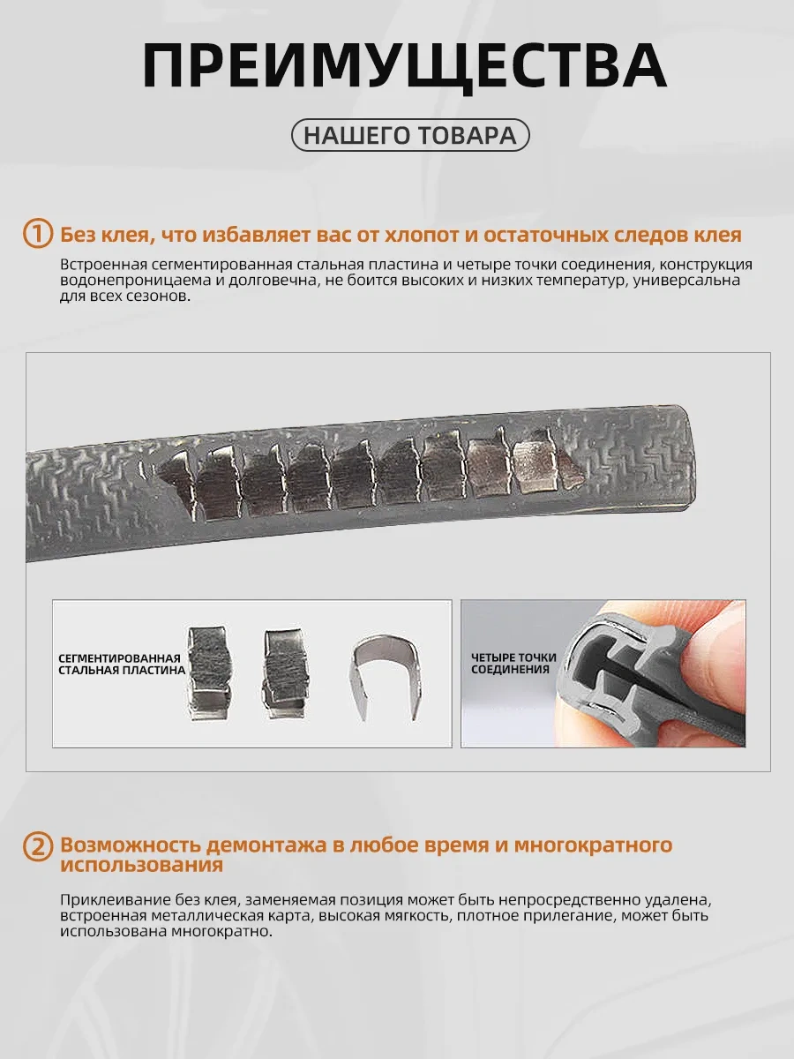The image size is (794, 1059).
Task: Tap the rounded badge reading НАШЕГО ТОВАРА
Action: click(410, 135)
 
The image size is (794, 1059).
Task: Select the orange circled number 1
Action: click(38, 234)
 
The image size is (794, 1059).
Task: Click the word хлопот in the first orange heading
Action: click(421, 235)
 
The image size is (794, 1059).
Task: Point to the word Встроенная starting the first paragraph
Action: click(103, 265)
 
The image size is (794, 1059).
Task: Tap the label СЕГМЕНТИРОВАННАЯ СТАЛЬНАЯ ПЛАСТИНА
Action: click(122, 665)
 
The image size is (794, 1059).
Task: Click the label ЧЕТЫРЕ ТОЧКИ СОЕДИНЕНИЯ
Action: click(513, 664)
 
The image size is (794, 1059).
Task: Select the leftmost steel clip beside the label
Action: click(209, 673)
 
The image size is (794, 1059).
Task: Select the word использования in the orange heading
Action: click(142, 865)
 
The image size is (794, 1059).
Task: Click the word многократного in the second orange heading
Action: click(593, 845)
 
